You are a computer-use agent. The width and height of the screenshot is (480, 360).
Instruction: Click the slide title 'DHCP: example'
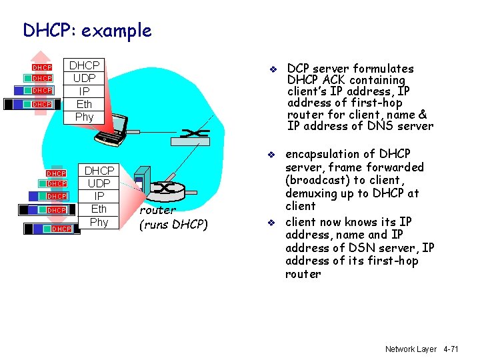pyautogui.click(x=87, y=30)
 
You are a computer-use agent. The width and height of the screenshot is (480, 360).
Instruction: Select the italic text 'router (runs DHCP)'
pyautogui.click(x=173, y=217)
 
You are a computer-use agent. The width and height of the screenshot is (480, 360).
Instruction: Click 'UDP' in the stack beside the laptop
pyautogui.click(x=84, y=78)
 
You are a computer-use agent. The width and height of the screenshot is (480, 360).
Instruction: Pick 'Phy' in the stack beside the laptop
pyautogui.click(x=84, y=117)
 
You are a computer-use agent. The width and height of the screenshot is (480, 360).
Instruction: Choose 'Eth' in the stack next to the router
pyautogui.click(x=99, y=209)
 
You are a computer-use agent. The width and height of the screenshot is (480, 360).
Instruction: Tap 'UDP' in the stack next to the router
pyautogui.click(x=99, y=183)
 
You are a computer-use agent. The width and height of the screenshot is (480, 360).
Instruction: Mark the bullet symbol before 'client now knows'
pyautogui.click(x=272, y=223)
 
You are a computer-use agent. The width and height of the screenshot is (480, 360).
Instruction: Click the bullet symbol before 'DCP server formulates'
pyautogui.click(x=272, y=69)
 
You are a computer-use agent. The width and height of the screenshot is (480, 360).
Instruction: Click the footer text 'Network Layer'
pyautogui.click(x=410, y=349)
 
